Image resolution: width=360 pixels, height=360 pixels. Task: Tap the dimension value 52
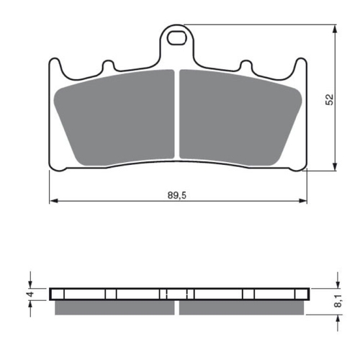(330, 99)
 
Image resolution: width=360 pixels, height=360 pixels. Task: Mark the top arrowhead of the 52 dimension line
(336, 30)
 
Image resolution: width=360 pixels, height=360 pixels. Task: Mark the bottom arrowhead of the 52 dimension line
(336, 169)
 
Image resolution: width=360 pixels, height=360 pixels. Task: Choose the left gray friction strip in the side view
(115, 307)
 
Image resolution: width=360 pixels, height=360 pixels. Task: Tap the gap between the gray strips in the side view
(177, 307)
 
